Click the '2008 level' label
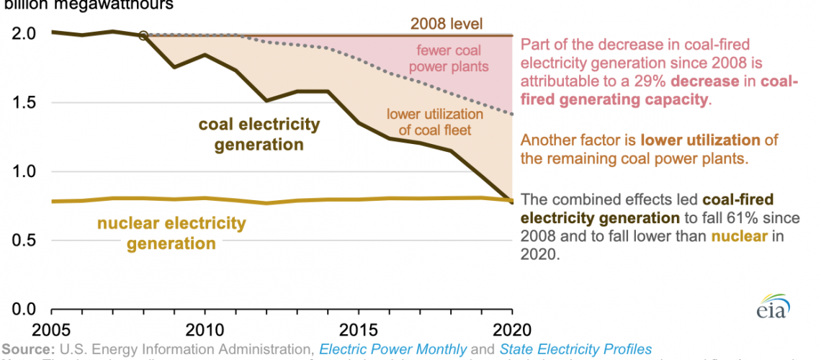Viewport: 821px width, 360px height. (445, 24)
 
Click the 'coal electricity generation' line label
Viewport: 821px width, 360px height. (259, 134)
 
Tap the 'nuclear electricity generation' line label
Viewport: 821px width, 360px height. (171, 233)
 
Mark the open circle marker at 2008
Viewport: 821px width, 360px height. (143, 35)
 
